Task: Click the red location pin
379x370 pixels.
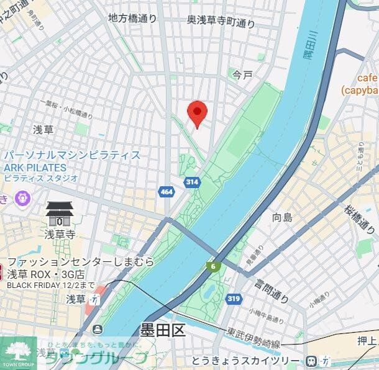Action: (197, 112)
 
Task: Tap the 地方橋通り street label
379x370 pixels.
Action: (132, 19)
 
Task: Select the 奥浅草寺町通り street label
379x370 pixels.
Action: (221, 22)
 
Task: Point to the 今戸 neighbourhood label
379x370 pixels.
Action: (242, 75)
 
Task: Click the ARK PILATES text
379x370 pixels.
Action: (35, 167)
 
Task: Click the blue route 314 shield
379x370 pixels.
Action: (191, 182)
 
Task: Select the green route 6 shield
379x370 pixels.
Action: (214, 266)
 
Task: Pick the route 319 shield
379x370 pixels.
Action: (234, 299)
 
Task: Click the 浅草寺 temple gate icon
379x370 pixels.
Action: (60, 214)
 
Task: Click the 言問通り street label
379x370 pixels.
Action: (271, 291)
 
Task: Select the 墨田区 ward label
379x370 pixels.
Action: (163, 330)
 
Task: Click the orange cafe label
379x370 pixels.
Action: (367, 78)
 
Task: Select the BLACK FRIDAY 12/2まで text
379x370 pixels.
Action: (50, 285)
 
